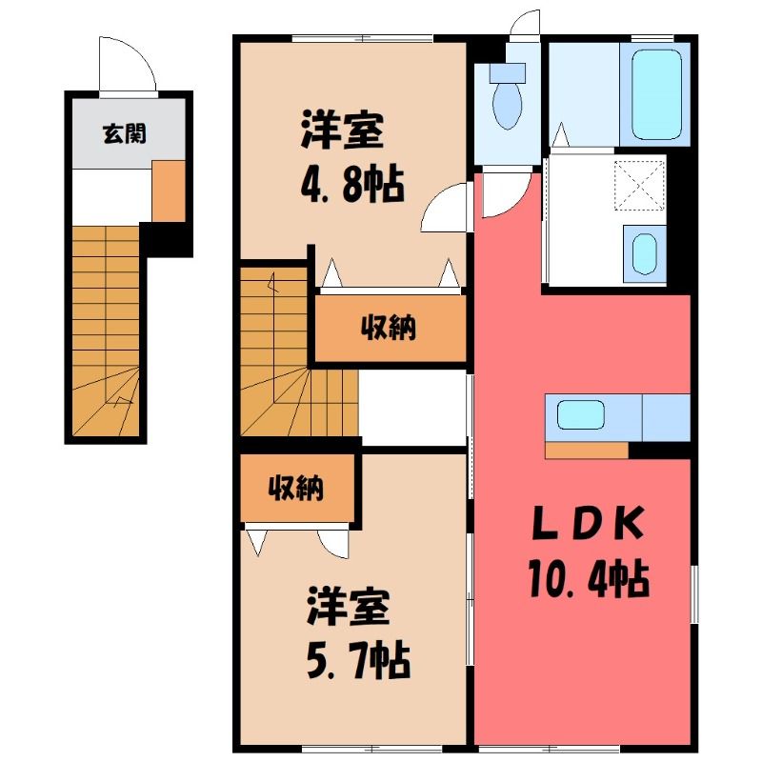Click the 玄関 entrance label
click(125, 133)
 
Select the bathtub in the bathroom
click(656, 94)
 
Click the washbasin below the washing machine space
click(645, 253)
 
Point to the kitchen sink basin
click(581, 414)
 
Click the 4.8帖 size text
click(352, 185)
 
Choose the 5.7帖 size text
click(359, 661)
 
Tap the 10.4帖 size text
click(590, 578)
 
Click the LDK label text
click(590, 524)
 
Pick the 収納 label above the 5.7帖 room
click(296, 488)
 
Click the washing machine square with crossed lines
click(639, 185)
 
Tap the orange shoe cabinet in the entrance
click(169, 191)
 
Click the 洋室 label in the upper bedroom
click(343, 130)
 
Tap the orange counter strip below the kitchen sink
click(587, 450)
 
